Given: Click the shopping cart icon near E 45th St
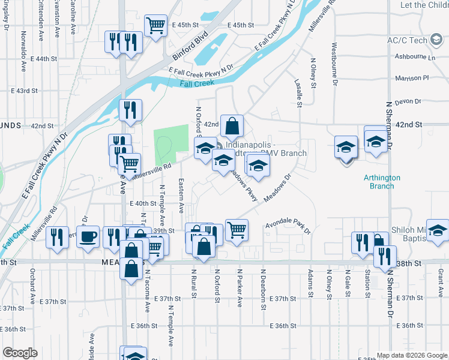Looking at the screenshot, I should tap(155, 26).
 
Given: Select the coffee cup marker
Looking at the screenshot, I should tap(89, 236).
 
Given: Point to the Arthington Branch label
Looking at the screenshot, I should tap(379, 181).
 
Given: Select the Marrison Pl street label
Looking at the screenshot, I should tap(412, 78).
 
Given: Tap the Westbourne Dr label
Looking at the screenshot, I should tap(333, 72).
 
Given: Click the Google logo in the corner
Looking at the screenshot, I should tap(20, 353).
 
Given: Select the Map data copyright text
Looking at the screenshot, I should tap(411, 355).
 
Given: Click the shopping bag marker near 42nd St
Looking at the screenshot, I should tap(232, 127).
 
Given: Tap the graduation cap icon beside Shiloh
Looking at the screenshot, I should tap(438, 231).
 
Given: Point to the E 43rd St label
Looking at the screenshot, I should tap(25, 91).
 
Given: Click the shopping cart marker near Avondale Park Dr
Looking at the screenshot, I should tap(237, 229).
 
